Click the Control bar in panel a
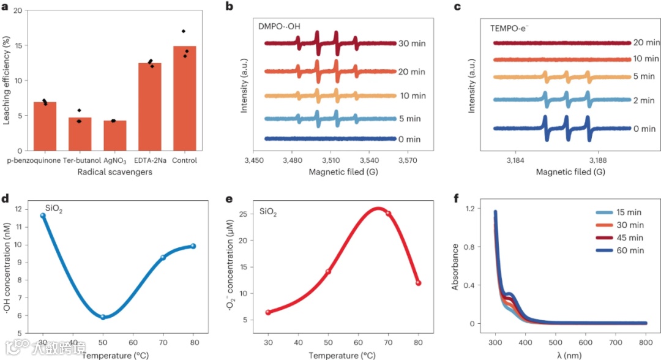click(184, 98)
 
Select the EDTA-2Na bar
click(149, 107)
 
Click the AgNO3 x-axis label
click(114, 160)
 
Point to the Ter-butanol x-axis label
click(80, 160)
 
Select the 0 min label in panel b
click(410, 139)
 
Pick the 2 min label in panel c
click(644, 100)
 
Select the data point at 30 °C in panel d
click(43, 216)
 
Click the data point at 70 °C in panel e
click(388, 213)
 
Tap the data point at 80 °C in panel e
click(418, 283)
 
